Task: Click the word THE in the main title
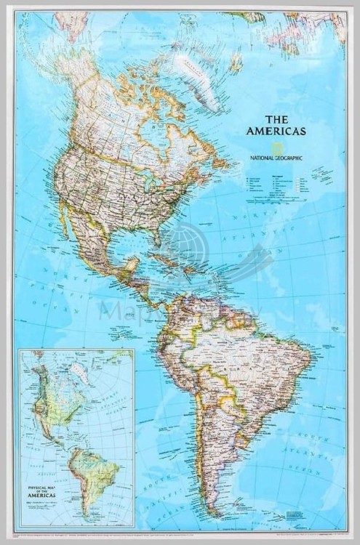point(277,119)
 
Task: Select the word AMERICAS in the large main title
point(276,132)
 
